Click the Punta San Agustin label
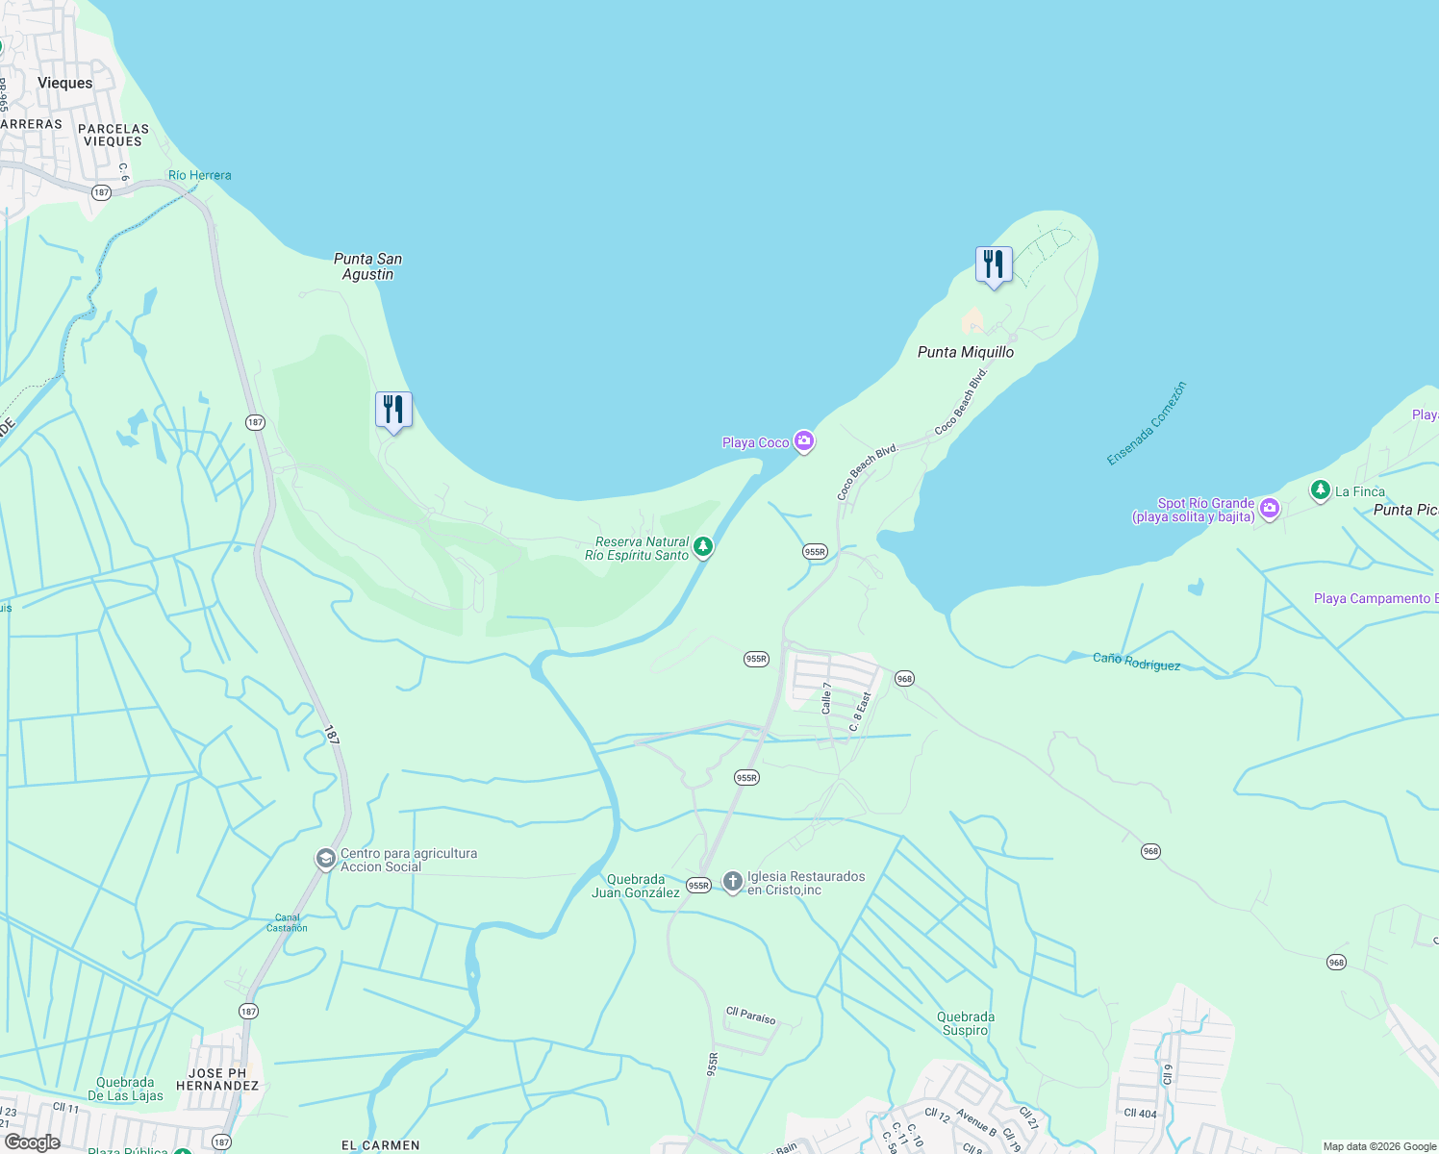(x=367, y=266)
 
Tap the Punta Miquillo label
(x=965, y=352)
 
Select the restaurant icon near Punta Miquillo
(x=994, y=263)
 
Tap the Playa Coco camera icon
(x=804, y=441)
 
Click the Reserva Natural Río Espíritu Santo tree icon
(x=703, y=547)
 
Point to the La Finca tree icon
(x=1320, y=490)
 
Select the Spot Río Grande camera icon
(x=1270, y=508)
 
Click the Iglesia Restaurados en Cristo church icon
(x=732, y=882)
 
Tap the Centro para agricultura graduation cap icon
(x=326, y=858)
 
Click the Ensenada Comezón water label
(x=1147, y=423)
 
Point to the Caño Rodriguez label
(x=1136, y=662)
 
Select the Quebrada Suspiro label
(x=965, y=1023)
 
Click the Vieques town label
(x=65, y=83)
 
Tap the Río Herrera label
(x=199, y=175)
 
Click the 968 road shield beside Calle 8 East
(x=904, y=678)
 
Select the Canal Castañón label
(x=287, y=922)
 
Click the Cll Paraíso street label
(x=750, y=1016)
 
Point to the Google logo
(x=32, y=1142)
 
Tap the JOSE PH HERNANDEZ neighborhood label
(x=217, y=1079)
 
